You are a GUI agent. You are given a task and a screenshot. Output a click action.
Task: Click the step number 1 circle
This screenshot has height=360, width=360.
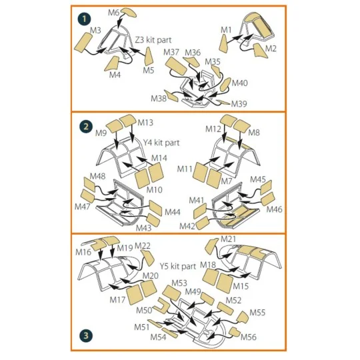tap(84, 19)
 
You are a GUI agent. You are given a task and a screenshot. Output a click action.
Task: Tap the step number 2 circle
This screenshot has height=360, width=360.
tap(85, 127)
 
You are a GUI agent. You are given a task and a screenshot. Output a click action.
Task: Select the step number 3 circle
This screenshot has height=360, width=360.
tap(85, 335)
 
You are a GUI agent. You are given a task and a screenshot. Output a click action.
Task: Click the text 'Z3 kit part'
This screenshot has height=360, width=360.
tap(153, 40)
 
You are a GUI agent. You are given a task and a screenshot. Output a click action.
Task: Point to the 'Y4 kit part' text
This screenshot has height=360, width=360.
tap(161, 143)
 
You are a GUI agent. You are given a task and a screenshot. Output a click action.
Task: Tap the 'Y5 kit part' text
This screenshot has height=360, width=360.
tap(178, 266)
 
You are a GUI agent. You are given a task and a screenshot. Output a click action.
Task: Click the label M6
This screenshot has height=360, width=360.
tap(114, 13)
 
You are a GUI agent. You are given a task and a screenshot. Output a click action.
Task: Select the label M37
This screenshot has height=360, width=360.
tap(171, 52)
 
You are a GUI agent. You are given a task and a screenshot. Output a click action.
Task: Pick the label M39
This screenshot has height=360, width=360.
tap(239, 104)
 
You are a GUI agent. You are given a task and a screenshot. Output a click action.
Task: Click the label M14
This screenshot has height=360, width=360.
tap(159, 158)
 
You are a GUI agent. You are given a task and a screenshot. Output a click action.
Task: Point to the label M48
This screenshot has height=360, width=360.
tap(97, 176)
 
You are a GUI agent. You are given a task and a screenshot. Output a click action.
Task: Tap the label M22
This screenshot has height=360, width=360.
tap(143, 246)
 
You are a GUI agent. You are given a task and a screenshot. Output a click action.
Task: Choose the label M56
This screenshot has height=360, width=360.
tap(249, 337)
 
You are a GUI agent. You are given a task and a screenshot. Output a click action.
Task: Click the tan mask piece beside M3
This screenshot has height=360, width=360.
tap(83, 43)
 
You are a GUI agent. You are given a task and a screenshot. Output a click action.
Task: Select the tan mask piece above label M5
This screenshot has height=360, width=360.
tap(149, 57)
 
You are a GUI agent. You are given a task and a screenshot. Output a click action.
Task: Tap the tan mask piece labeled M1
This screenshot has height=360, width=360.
tap(223, 43)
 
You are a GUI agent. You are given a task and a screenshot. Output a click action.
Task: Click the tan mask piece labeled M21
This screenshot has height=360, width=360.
tap(211, 247)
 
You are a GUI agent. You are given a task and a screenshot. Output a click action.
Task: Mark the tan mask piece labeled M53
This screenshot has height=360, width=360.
tap(171, 293)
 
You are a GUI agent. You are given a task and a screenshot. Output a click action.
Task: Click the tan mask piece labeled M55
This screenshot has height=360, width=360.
tap(243, 317)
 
